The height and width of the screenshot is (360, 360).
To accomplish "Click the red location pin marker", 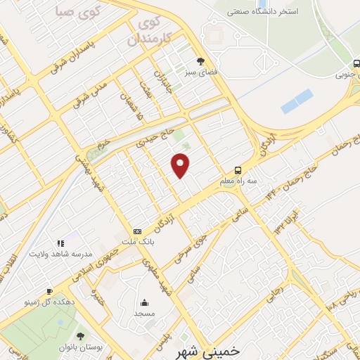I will [x=181, y=164].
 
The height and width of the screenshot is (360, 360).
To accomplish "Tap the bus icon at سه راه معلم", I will [x=238, y=170].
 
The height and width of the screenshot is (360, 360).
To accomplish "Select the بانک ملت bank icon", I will [x=137, y=231].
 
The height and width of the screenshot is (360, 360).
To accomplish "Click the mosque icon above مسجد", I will [x=144, y=303].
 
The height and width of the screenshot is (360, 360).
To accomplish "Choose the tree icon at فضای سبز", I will [x=201, y=61].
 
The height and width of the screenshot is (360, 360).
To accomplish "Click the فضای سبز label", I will [x=201, y=72].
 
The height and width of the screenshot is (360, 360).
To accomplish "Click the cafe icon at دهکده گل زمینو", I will [x=49, y=291].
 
